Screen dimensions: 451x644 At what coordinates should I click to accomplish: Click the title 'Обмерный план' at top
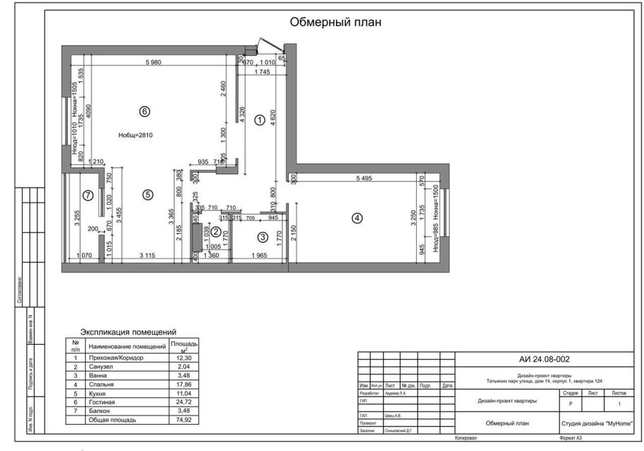tap(335, 22)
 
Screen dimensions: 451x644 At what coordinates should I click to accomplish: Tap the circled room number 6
tap(144, 111)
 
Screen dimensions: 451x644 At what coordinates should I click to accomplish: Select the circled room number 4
tap(357, 218)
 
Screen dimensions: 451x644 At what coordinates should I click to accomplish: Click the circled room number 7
tap(88, 195)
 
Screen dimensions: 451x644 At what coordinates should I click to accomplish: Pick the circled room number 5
tap(146, 195)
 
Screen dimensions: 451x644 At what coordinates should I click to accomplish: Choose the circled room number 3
tap(262, 237)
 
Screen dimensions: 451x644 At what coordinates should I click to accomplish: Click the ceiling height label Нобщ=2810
tap(135, 135)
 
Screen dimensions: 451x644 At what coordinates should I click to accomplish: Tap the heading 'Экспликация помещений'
tap(128, 332)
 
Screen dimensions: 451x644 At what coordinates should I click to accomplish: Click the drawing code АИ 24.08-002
tap(544, 360)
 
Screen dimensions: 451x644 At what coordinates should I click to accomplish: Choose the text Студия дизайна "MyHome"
tap(596, 424)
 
